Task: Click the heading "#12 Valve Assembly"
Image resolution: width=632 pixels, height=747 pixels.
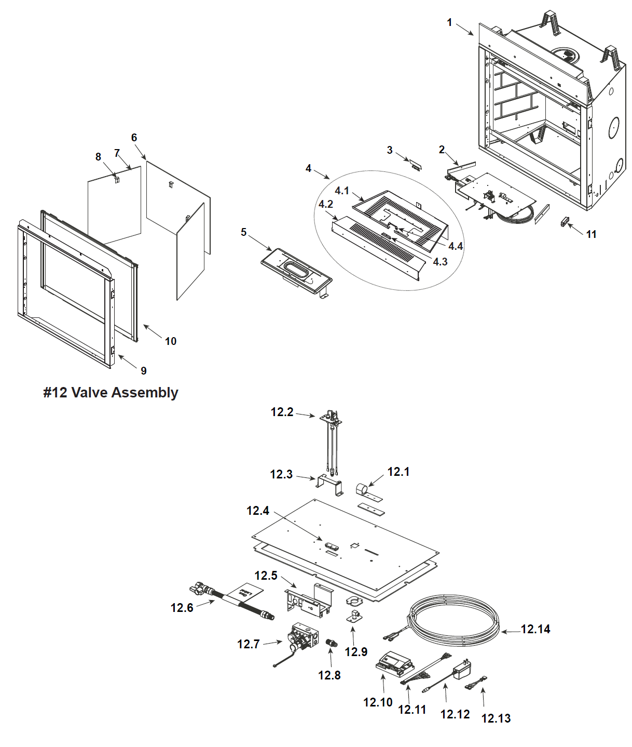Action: (111, 393)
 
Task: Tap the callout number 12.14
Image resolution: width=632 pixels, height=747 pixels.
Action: (535, 629)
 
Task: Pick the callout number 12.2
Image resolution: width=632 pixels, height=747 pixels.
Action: (282, 412)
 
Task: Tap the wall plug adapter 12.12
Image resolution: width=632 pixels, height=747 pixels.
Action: (462, 671)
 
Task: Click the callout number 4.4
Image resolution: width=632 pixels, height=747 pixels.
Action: (456, 246)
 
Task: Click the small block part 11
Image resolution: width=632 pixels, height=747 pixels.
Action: (565, 222)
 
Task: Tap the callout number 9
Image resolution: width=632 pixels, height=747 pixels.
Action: (144, 371)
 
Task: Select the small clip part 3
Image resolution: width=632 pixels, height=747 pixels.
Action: (416, 165)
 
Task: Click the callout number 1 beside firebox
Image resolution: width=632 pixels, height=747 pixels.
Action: (449, 22)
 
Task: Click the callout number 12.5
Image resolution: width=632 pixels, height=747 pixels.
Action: (266, 576)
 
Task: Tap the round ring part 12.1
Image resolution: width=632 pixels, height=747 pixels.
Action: (362, 489)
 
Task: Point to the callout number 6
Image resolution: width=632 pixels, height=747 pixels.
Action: (134, 138)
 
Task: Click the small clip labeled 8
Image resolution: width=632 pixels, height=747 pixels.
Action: (117, 180)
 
